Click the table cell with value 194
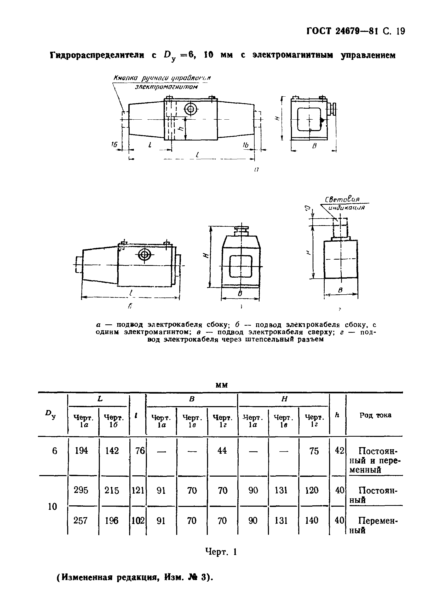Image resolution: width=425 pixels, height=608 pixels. click(x=81, y=451)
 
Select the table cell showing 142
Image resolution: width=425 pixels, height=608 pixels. click(x=112, y=451)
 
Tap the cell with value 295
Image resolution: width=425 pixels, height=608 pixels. click(x=81, y=490)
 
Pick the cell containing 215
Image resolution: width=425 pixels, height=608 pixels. click(x=112, y=490)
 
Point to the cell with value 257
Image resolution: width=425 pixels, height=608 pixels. click(x=81, y=521)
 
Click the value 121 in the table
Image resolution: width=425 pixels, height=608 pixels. click(x=138, y=490)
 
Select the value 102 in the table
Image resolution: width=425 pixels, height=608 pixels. click(x=138, y=521)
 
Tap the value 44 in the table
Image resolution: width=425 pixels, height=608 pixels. click(x=222, y=451)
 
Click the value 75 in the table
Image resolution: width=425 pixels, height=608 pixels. click(x=314, y=451)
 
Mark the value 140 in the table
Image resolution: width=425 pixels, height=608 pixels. click(x=312, y=521)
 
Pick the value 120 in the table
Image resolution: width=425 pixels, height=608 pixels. click(x=312, y=490)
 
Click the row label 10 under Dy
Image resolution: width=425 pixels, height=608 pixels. click(x=53, y=506)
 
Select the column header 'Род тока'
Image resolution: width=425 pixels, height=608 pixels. click(x=375, y=415)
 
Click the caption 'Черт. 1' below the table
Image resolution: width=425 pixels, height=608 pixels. click(x=221, y=552)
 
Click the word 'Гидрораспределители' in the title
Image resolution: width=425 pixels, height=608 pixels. click(x=97, y=55)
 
